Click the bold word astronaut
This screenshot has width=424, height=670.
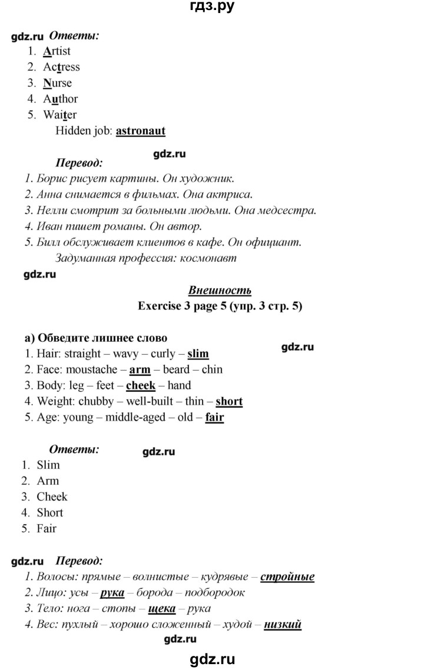[140, 131]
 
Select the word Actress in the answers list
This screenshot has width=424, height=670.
[61, 67]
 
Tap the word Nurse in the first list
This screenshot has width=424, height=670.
[57, 83]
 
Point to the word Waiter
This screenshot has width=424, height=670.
[59, 115]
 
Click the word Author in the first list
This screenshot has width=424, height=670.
[60, 99]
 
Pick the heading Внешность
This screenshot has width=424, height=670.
[220, 290]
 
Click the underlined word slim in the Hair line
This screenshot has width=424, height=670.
[198, 354]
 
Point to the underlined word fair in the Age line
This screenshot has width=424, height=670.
[214, 418]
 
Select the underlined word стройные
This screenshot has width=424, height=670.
[287, 577]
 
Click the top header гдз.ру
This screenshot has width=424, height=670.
[212, 8]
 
